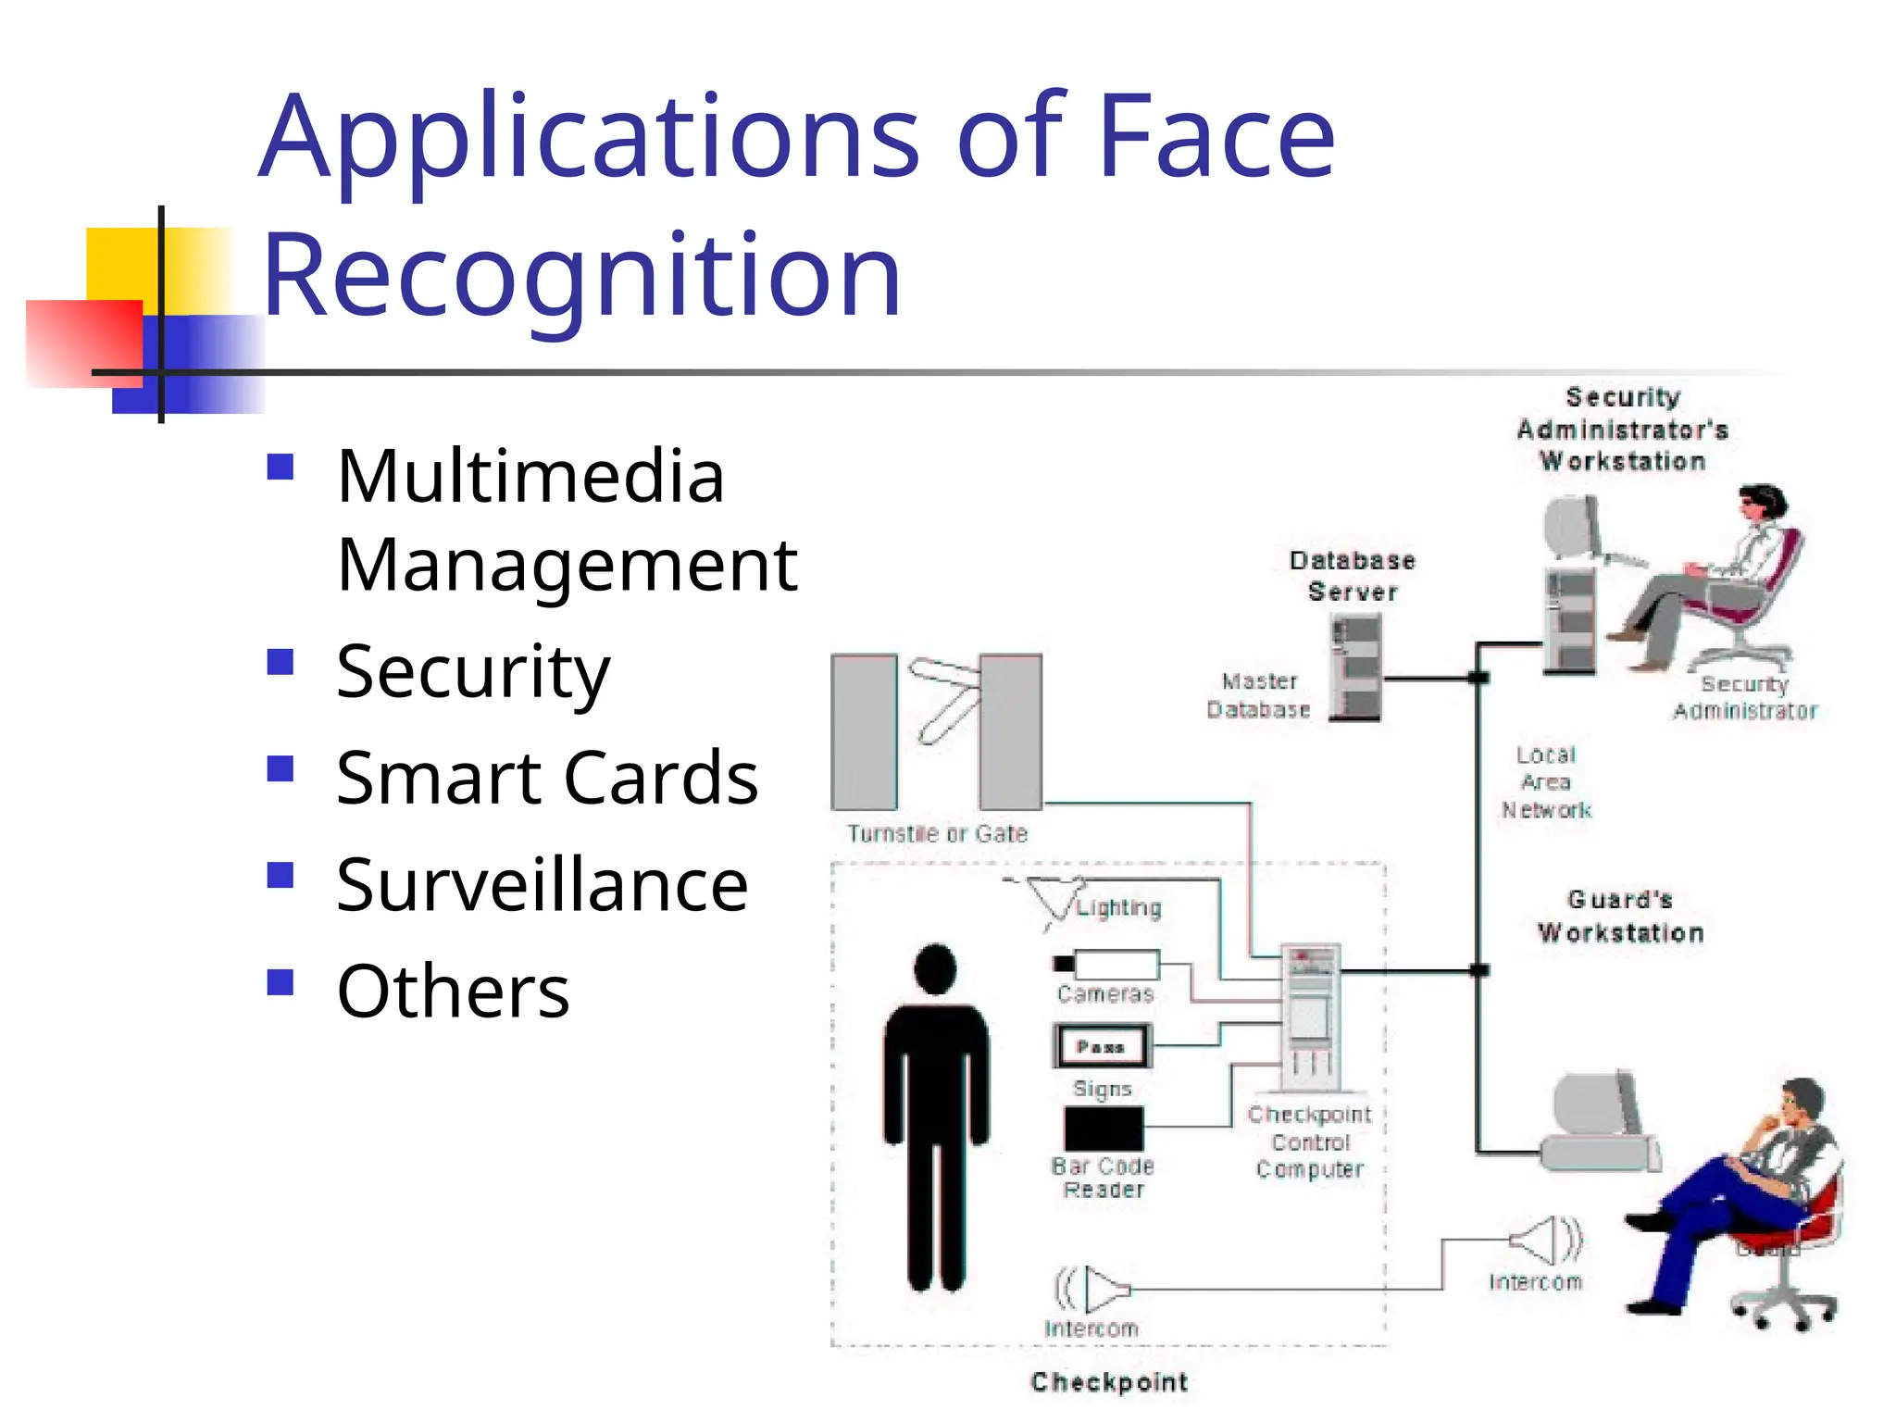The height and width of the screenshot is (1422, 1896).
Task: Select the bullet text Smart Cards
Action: coord(546,778)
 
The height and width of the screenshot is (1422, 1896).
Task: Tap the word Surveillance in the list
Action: coord(542,885)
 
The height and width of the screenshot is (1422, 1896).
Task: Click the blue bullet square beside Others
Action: coord(280,981)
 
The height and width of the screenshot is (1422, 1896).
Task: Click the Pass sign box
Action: coord(1102,1046)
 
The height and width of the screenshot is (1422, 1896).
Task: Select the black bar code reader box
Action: coord(1104,1129)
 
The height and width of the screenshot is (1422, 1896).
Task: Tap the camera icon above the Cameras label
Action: coord(1107,965)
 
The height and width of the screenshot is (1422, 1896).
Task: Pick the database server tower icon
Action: coord(1356,667)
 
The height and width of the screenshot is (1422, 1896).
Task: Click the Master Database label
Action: coord(1258,695)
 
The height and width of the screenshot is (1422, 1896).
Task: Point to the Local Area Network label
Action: coord(1546,782)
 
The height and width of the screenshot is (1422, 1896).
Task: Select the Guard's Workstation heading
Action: coord(1620,917)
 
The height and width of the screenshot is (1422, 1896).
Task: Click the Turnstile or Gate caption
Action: coord(937,833)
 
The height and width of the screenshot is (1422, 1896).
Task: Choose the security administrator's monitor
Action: coord(1573,527)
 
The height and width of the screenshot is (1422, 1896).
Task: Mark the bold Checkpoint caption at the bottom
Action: coord(1109,1382)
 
